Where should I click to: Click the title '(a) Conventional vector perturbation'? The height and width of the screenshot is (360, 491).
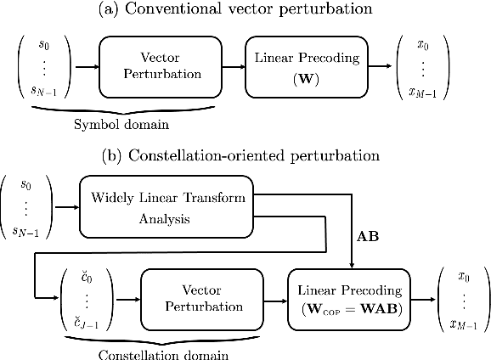(x=246, y=10)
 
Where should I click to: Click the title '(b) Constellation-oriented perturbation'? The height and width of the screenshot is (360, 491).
(x=246, y=156)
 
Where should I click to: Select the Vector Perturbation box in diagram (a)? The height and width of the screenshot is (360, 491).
(x=160, y=66)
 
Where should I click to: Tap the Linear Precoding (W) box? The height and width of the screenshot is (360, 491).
(x=308, y=66)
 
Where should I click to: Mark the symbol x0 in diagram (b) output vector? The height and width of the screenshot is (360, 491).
(x=462, y=276)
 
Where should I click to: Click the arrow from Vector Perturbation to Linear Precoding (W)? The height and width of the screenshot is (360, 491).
(x=232, y=66)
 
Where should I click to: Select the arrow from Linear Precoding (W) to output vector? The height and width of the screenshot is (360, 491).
(x=384, y=66)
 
